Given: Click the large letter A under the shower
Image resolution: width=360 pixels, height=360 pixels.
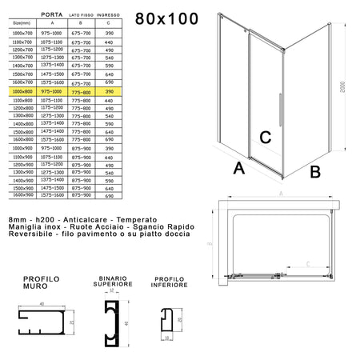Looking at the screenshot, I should (238, 169).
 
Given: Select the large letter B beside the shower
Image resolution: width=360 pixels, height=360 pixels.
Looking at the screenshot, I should (315, 170).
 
